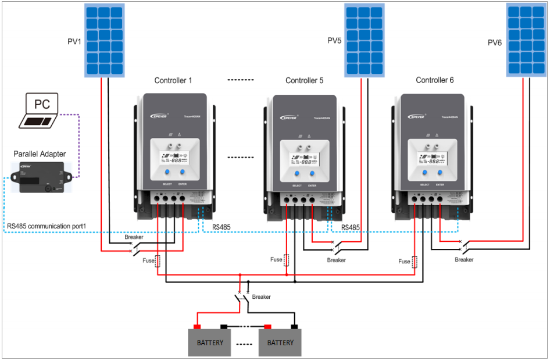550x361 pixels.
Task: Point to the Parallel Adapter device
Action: [x=40, y=178]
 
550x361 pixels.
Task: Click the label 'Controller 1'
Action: [x=173, y=80]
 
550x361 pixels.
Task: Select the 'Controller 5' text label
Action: [x=304, y=80]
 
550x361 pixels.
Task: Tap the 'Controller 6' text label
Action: [x=435, y=80]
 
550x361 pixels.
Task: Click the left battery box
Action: [x=209, y=342]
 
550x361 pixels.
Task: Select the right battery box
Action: [x=280, y=342]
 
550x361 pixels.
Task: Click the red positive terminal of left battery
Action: [x=197, y=327]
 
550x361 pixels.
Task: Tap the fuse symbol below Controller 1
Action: [x=157, y=261]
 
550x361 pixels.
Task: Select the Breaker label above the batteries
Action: [x=262, y=297]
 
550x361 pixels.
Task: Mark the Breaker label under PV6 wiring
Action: [x=464, y=260]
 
